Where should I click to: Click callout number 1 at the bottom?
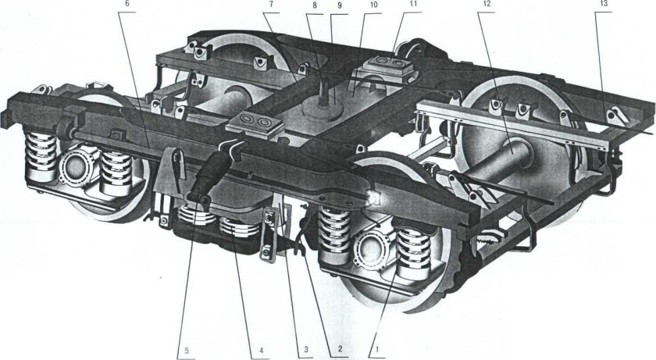click(378, 348)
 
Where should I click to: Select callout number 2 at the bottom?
click(340, 348)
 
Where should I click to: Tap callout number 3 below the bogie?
click(306, 348)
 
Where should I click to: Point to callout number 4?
click(261, 348)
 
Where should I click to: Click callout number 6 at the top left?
click(127, 4)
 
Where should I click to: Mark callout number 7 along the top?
click(271, 4)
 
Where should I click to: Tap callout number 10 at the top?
click(373, 5)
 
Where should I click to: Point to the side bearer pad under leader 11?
click(388, 66)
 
